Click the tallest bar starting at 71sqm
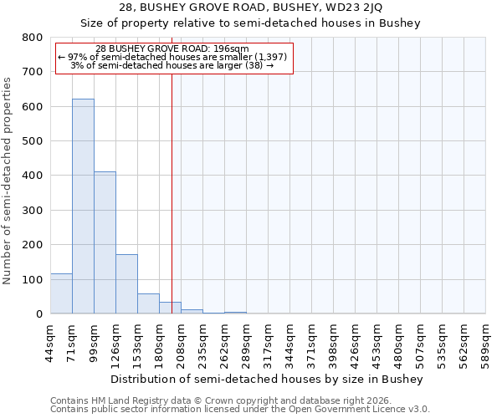[83, 206]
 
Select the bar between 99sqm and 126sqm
[105, 242]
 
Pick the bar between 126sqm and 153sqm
[126, 284]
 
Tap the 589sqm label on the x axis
[486, 344]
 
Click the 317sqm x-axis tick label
[269, 344]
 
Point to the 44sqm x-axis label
[51, 344]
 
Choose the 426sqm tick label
[356, 344]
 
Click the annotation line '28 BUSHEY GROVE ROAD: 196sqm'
[172, 49]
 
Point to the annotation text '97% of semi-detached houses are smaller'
[172, 57]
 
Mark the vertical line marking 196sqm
[172, 192]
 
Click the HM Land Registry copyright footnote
[218, 400]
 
